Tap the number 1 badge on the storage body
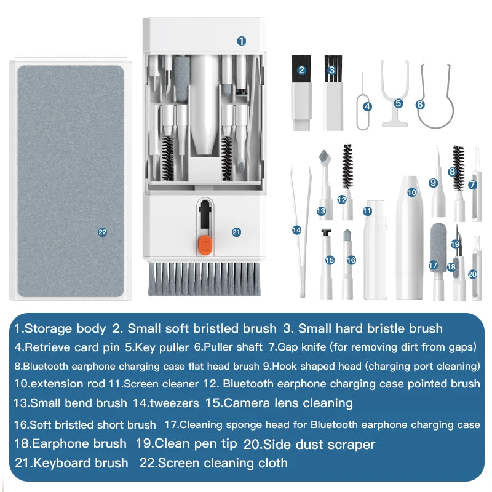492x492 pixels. [x=242, y=41]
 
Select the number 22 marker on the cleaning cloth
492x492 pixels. [x=102, y=232]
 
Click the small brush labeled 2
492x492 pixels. [x=301, y=92]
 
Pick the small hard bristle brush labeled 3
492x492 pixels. [x=333, y=92]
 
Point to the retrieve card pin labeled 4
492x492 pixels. [x=365, y=98]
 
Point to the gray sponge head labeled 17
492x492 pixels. [x=437, y=246]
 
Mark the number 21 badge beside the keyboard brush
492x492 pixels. [x=236, y=232]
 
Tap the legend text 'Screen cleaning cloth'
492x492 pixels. [x=223, y=463]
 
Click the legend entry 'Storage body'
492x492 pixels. [x=65, y=328]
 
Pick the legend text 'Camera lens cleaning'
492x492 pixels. [x=288, y=403]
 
